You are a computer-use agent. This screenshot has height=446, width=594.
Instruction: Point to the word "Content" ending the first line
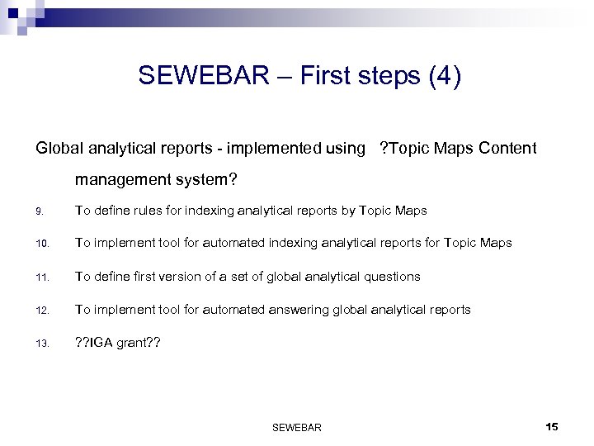[507, 149]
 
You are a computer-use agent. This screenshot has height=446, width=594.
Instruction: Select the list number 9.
[39, 211]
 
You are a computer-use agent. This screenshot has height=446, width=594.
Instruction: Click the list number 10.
[41, 244]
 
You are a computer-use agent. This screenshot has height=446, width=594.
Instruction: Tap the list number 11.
[41, 278]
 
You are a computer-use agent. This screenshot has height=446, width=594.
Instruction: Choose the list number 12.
[41, 311]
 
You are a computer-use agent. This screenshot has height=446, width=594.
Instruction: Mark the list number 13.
[41, 344]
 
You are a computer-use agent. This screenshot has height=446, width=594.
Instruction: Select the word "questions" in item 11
[391, 277]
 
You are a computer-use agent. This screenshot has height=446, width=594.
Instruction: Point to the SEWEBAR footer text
[296, 427]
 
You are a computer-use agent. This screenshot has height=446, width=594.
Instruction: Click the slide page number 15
[552, 426]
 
